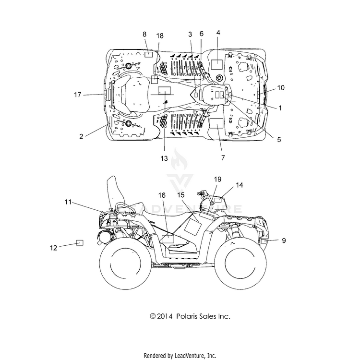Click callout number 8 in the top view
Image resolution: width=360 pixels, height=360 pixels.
(x=144, y=34)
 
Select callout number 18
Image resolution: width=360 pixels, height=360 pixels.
(x=160, y=36)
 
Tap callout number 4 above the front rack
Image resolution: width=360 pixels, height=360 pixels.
(x=218, y=33)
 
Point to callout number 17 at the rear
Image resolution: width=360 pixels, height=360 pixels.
(x=78, y=95)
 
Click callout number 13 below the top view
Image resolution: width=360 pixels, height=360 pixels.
(x=164, y=158)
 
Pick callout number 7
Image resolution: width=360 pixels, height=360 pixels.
(x=223, y=158)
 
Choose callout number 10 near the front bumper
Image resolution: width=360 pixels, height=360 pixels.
(x=281, y=88)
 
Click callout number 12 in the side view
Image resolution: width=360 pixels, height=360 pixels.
(x=53, y=248)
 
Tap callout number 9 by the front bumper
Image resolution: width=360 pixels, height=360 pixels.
(x=284, y=240)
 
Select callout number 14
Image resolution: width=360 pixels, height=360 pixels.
(x=239, y=185)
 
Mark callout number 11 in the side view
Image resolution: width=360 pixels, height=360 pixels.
(x=68, y=202)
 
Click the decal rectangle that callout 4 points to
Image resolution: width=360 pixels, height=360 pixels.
(x=217, y=64)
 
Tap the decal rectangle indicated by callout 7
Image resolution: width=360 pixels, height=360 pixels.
(x=217, y=123)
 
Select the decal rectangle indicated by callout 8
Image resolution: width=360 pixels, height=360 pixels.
(x=148, y=54)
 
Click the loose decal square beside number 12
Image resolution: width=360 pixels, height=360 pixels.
(x=80, y=243)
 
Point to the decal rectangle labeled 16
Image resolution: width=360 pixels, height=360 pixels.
(x=168, y=239)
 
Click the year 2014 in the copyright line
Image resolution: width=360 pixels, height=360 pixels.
(x=165, y=316)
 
